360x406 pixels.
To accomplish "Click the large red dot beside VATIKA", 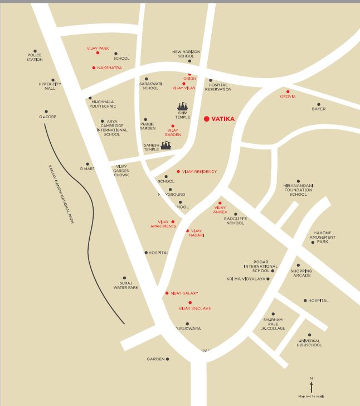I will pos(207,119).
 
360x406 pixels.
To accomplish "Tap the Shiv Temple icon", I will pos(183,107).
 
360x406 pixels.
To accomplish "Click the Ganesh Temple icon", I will pos(166,146).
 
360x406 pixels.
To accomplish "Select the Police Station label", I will pos(35,57).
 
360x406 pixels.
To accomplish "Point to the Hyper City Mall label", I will pos(50,86).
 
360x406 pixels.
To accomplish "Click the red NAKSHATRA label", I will pos(109,68).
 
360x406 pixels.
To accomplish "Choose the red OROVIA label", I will pos(288,96).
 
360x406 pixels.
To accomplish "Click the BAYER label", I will pos(319,109).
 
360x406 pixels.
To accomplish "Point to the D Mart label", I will pos(88,168).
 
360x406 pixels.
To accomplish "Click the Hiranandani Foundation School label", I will pos(298,190).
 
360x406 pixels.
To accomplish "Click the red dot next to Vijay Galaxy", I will pos(167,293).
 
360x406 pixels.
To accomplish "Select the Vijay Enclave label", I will pos(194,308).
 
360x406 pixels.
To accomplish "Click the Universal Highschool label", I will pos(309,343).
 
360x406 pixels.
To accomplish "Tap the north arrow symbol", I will pos(311,385).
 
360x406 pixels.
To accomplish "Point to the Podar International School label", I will pos(261,266).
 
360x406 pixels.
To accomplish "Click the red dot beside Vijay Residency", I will pos(178,171).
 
